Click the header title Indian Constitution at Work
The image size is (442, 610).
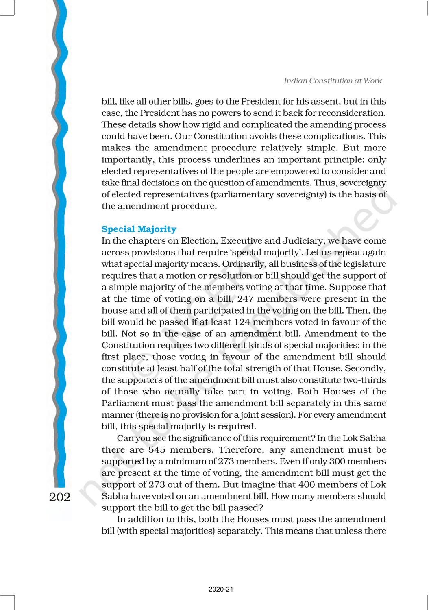333,81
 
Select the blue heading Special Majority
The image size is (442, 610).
139,229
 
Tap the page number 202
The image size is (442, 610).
60,497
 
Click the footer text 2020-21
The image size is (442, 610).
221,589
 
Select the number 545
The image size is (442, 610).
157,450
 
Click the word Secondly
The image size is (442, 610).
366,368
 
